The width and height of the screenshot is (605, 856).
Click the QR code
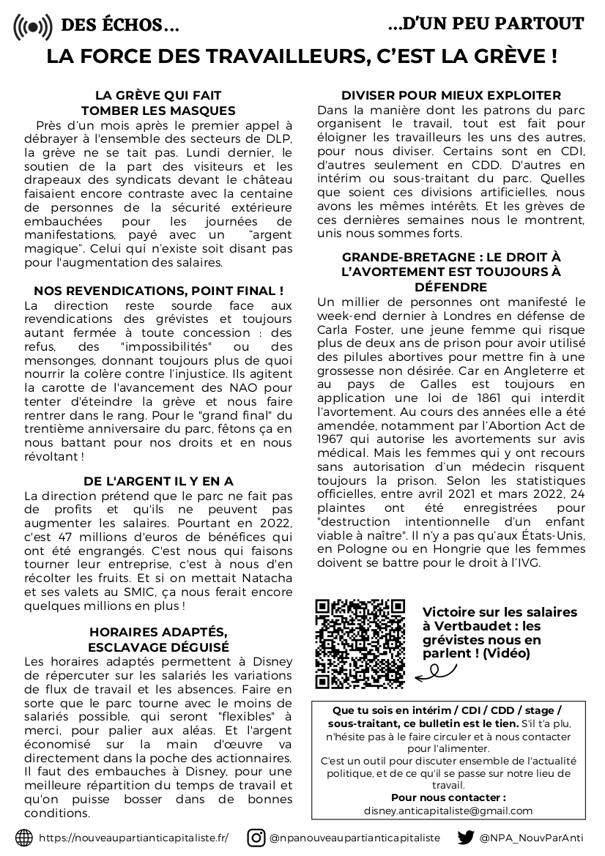pyautogui.click(x=360, y=644)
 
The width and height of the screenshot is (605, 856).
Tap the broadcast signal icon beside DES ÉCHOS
pyautogui.click(x=33, y=27)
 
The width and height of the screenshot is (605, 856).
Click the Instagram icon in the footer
pyautogui.click(x=256, y=838)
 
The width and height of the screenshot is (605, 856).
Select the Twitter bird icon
pyautogui.click(x=466, y=838)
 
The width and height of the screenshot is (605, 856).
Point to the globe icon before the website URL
pyautogui.click(x=24, y=838)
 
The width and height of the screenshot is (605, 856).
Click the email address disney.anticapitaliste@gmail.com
pyautogui.click(x=448, y=811)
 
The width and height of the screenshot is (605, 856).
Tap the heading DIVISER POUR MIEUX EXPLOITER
pyautogui.click(x=451, y=96)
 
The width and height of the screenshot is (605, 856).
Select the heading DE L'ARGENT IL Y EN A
pyautogui.click(x=158, y=481)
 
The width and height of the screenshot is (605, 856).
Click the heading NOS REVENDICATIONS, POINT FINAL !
pyautogui.click(x=158, y=291)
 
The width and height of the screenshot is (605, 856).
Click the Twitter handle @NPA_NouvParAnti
pyautogui.click(x=532, y=838)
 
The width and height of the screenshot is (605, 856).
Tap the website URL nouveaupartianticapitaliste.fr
pyautogui.click(x=133, y=838)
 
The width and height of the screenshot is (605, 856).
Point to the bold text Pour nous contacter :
pyautogui.click(x=448, y=797)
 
